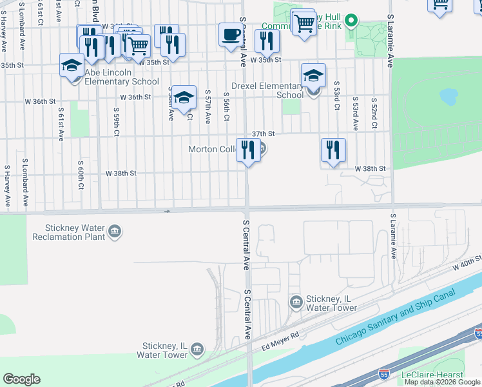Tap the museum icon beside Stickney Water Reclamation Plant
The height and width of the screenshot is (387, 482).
point(115,232)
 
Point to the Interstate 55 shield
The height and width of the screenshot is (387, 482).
point(478,333)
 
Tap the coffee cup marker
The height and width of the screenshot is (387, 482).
point(230,35)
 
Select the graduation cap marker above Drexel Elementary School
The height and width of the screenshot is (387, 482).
point(313,75)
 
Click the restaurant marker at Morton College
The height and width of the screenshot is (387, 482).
point(248,150)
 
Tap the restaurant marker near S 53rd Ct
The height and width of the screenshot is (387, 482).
point(333,150)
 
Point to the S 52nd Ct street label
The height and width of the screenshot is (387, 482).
point(373,114)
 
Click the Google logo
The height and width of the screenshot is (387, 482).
point(21,379)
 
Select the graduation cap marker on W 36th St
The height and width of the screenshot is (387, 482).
point(184,97)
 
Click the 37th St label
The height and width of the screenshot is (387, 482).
point(264,134)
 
